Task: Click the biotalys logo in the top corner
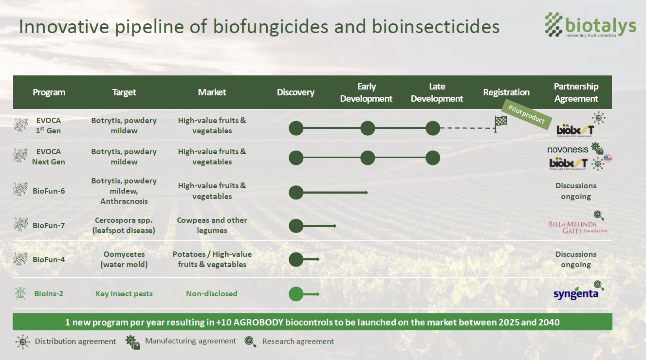(590, 25)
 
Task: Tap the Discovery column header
(295, 92)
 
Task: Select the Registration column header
(506, 92)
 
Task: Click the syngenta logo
(575, 294)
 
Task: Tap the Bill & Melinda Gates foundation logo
(578, 227)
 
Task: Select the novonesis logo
(568, 150)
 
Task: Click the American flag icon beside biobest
(607, 158)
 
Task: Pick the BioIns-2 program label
(49, 294)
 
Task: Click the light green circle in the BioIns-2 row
(296, 294)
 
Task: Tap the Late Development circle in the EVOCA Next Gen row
(433, 158)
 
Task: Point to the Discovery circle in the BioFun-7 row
(296, 226)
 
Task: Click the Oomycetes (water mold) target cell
(124, 259)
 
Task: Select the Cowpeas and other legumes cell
(212, 225)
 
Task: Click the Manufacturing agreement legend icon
(132, 342)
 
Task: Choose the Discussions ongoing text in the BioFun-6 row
(576, 191)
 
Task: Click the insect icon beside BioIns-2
(20, 293)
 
